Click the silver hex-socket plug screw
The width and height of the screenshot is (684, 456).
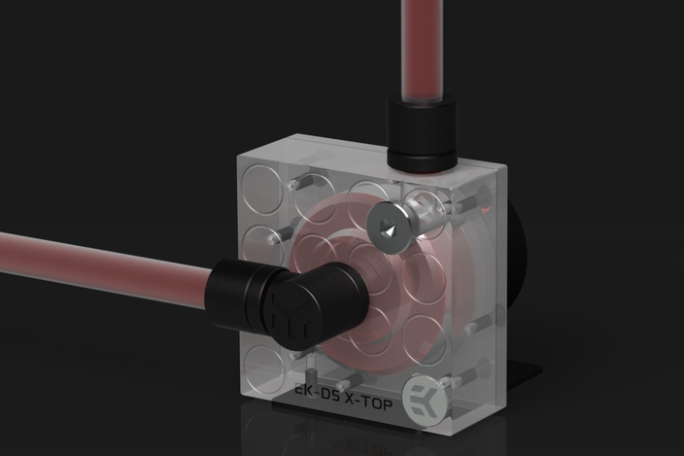point(389,228)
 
